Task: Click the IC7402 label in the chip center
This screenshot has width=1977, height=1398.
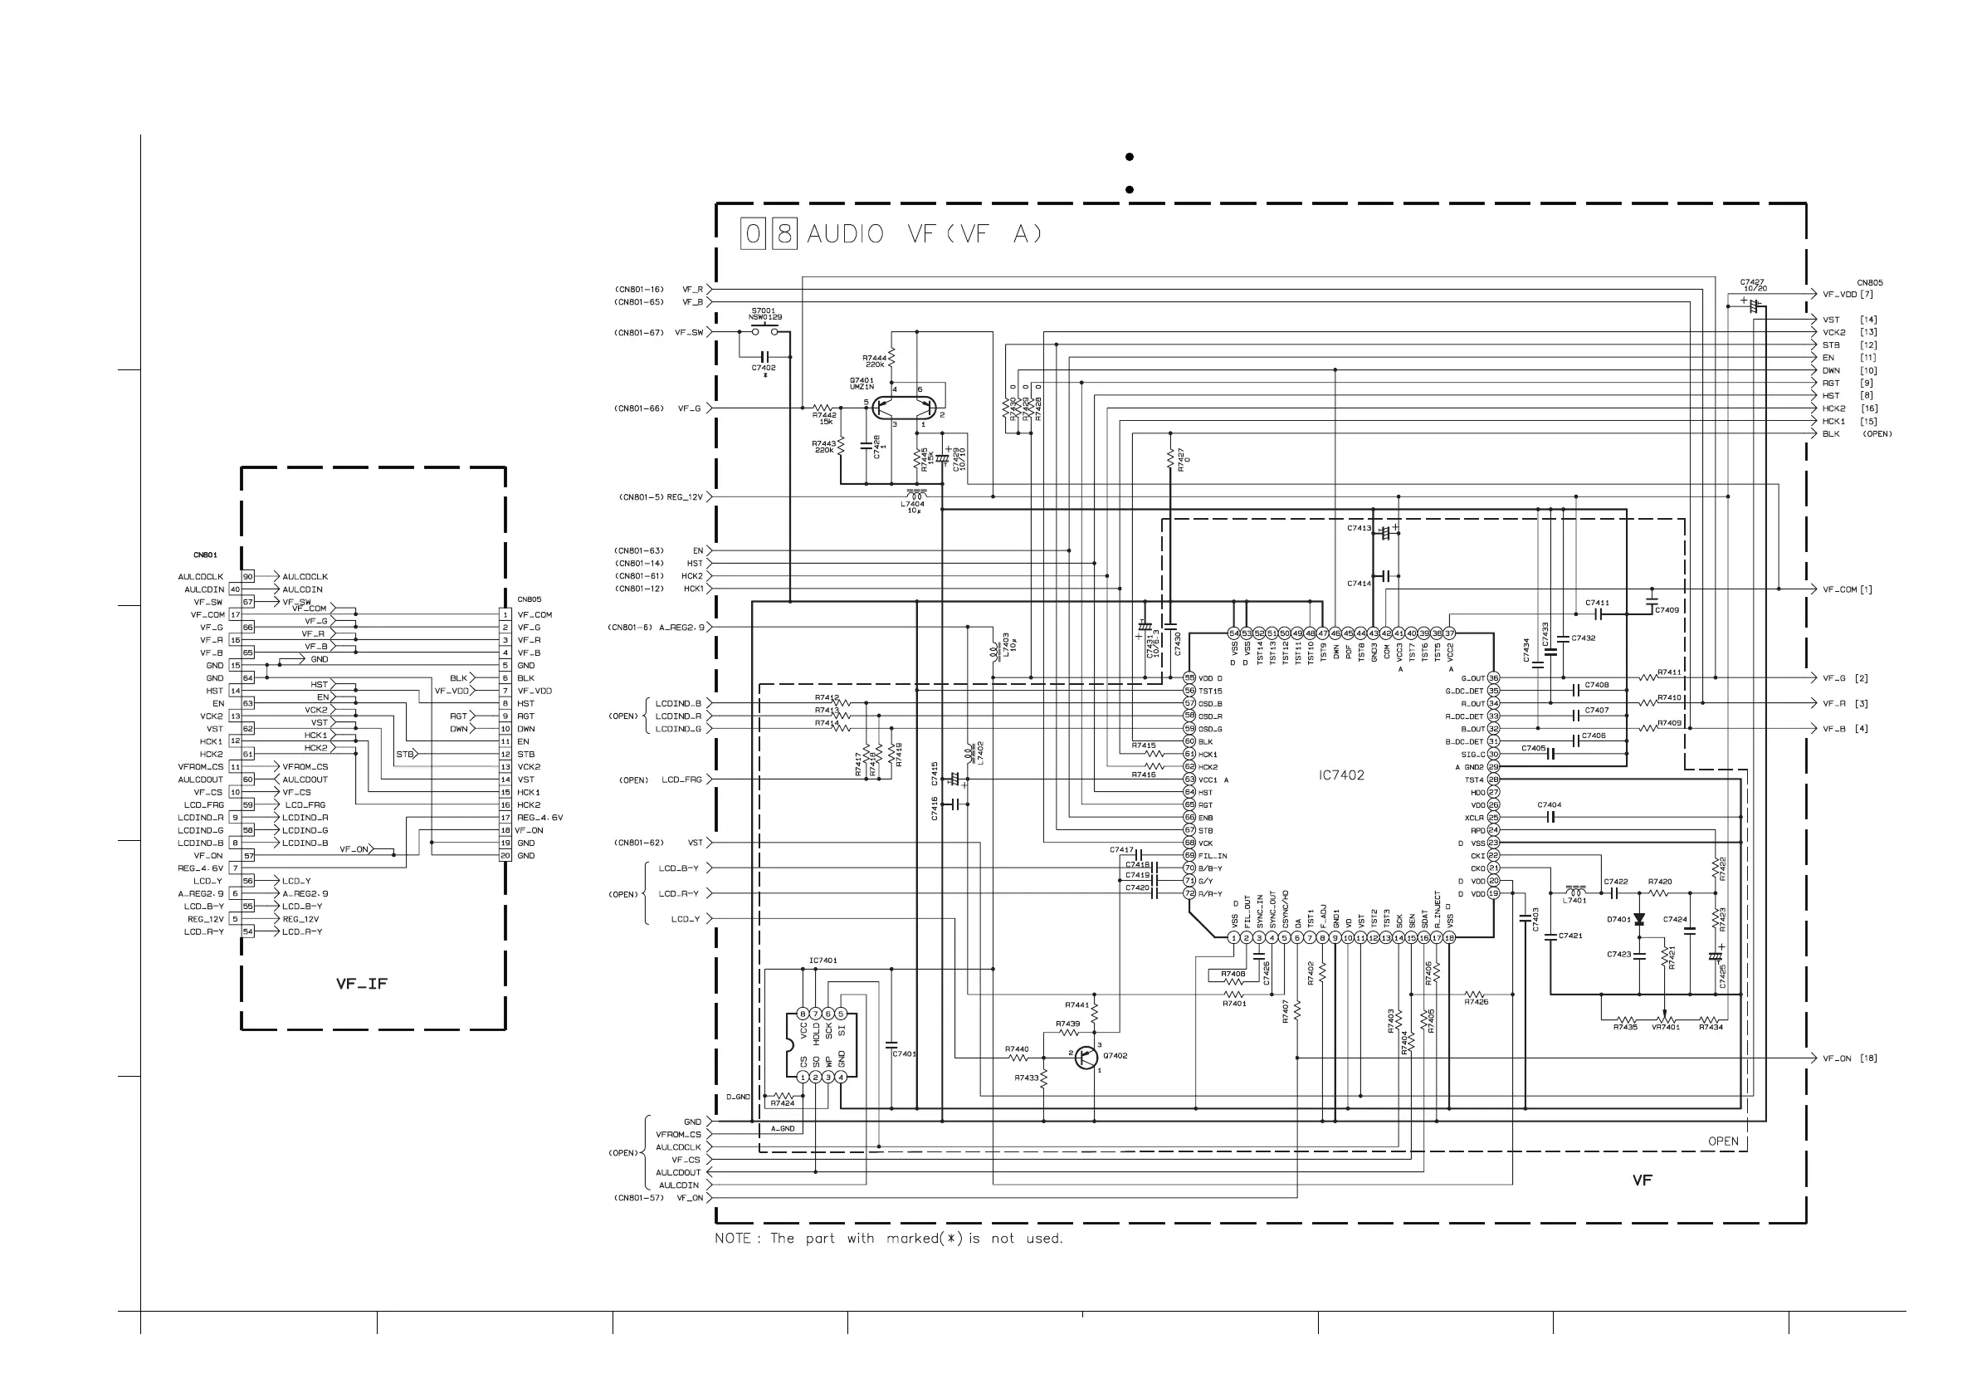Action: (x=1340, y=775)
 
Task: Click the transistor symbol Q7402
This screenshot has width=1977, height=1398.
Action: (x=1087, y=1058)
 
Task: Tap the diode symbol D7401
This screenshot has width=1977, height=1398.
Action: (x=1638, y=920)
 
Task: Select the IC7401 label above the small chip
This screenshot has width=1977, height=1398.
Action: (x=823, y=961)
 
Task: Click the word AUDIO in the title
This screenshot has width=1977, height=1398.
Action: (x=845, y=234)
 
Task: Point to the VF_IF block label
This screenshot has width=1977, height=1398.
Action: (x=362, y=984)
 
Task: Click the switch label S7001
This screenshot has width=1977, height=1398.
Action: (x=763, y=310)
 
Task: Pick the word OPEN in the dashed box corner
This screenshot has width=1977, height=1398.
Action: (x=1723, y=1141)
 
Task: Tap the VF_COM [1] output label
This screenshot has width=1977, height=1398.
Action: (x=1847, y=590)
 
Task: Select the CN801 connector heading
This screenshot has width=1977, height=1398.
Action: (x=205, y=555)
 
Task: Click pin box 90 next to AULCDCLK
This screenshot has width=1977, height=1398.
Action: (x=248, y=577)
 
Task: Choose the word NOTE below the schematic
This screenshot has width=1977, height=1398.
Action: (x=732, y=1239)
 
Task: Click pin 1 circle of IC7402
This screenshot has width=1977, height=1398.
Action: (x=1233, y=938)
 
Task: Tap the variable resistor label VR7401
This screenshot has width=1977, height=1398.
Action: (x=1665, y=1027)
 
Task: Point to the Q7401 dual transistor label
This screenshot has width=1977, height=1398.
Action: (x=861, y=384)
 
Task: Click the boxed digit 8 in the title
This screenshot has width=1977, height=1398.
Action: (x=783, y=234)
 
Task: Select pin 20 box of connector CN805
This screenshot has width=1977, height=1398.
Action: (x=505, y=856)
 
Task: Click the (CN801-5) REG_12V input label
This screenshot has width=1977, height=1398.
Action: (x=661, y=497)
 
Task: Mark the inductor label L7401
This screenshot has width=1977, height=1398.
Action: (x=1574, y=900)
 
